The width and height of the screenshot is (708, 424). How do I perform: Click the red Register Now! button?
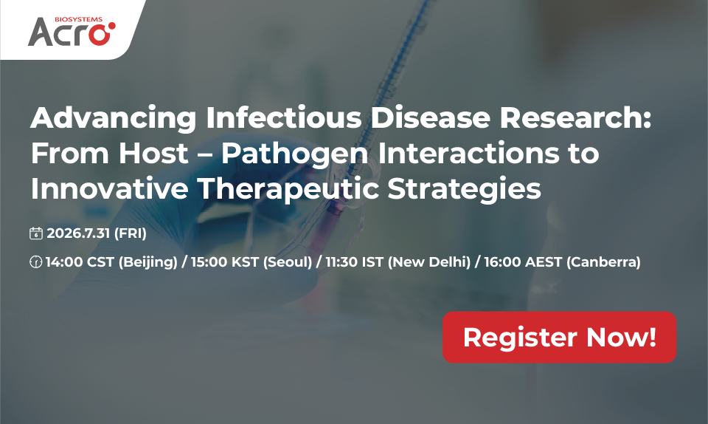[x=559, y=338]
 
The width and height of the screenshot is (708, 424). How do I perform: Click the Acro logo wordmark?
[x=72, y=32]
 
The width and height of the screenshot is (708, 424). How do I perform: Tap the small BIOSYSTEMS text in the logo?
[x=79, y=19]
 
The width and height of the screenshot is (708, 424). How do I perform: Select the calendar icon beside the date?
[x=35, y=233]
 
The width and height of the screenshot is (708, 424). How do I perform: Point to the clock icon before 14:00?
[x=35, y=261]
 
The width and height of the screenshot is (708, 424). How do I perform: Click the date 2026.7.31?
[x=78, y=233]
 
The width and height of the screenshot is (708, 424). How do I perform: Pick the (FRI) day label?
[x=131, y=233]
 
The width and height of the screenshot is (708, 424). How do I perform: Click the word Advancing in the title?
[x=114, y=118]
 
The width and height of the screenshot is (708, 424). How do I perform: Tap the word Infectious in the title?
[x=284, y=117]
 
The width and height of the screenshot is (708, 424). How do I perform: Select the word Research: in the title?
[x=575, y=117]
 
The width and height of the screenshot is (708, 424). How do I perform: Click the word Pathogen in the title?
[x=294, y=154]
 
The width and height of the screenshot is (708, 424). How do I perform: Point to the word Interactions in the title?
[x=468, y=153]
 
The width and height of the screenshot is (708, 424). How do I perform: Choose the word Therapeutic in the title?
[x=288, y=190]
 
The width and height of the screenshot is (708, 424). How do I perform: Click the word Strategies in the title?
[x=464, y=190]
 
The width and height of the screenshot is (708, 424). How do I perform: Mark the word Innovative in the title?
[x=110, y=188]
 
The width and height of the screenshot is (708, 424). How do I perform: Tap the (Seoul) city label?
[x=287, y=262]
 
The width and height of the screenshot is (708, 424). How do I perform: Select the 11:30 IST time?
[x=355, y=261]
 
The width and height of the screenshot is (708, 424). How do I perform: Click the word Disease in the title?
[x=430, y=117]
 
